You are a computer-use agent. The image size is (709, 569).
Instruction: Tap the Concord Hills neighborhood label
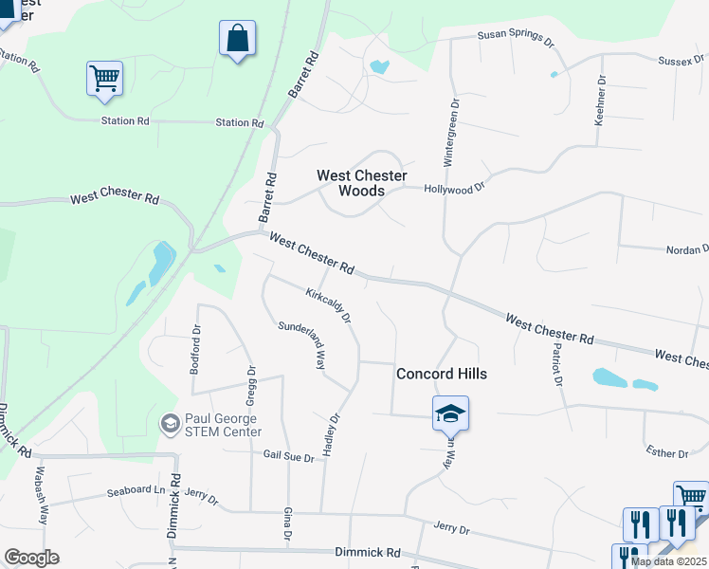[x=442, y=374]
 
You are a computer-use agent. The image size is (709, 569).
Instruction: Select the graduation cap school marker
[x=451, y=413]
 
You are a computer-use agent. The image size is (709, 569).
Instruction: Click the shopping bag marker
[x=237, y=40]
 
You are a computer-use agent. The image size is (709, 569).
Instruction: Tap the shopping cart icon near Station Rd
[x=104, y=79]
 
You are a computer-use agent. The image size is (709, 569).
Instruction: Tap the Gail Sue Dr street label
[x=288, y=457]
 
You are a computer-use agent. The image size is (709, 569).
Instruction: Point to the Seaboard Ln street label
[x=135, y=491]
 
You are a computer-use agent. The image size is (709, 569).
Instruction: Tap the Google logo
[x=30, y=558]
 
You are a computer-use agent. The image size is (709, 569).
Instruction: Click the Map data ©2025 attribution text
[x=669, y=561]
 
